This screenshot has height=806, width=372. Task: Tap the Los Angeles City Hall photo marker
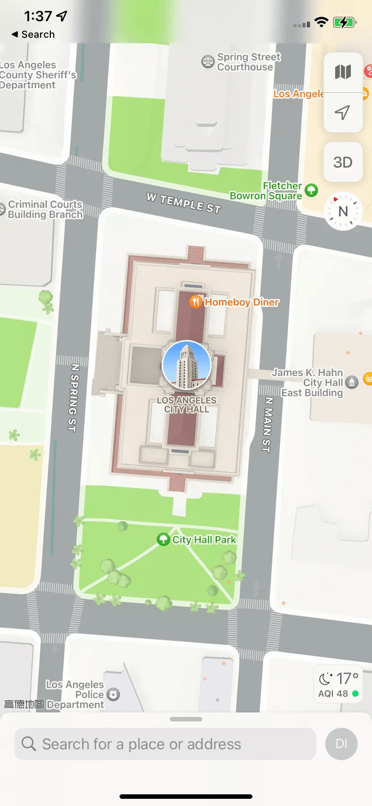point(186,365)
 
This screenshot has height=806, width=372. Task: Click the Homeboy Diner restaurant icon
point(195,301)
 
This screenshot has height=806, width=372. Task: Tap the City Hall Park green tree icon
point(163,539)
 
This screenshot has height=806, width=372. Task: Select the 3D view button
point(343,162)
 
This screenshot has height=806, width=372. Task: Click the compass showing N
point(343,211)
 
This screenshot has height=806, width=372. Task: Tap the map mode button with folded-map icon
point(343,72)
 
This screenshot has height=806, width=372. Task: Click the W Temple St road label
point(184,203)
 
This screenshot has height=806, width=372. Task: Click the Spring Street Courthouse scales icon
point(208,62)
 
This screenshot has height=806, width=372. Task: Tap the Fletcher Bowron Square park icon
point(311,190)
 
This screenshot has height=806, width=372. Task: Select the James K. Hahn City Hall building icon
point(352,382)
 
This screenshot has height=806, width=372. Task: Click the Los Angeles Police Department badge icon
point(114,694)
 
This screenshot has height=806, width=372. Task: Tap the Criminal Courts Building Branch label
point(45,210)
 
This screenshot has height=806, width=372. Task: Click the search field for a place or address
point(165,744)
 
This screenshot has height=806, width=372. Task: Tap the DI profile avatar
point(341,744)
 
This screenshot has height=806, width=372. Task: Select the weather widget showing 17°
point(338,684)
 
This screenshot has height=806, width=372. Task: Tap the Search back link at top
point(33,35)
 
